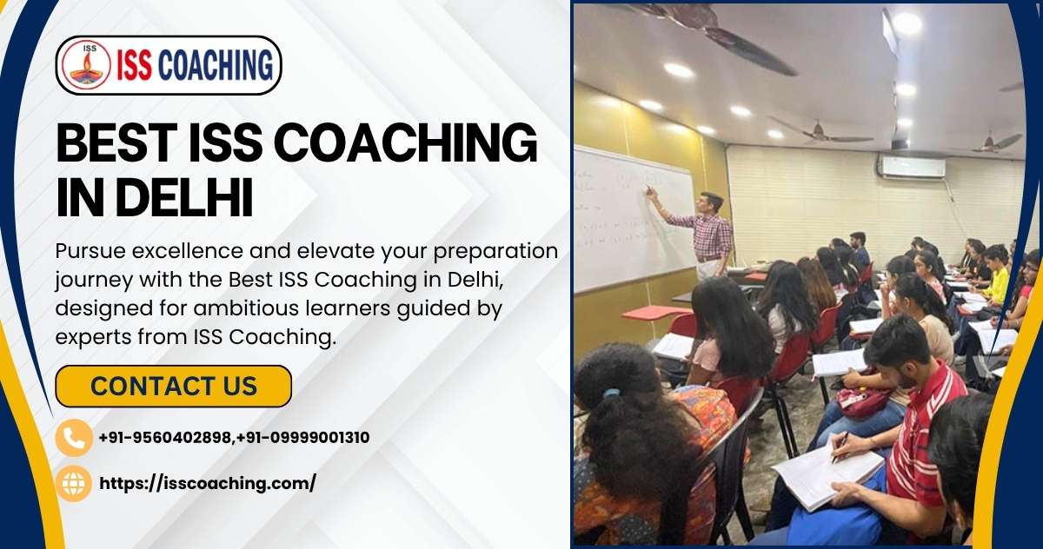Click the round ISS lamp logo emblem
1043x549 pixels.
85,65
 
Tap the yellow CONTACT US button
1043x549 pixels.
173,386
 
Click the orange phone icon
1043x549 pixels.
74,438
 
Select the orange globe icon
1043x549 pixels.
74,483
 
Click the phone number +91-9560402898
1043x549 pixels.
167,438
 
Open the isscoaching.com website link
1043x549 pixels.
208,483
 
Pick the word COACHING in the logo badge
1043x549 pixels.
216,66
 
